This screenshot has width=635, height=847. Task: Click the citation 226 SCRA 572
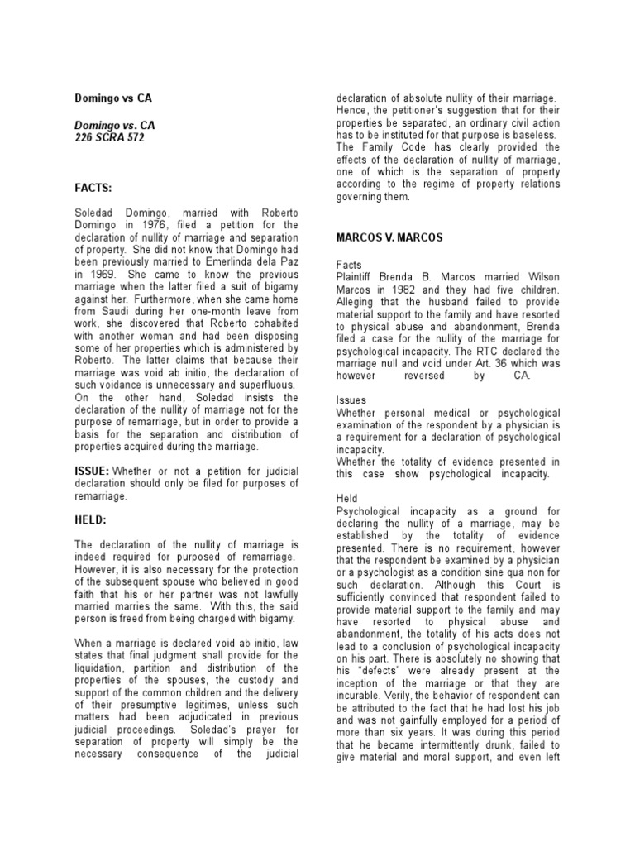[109, 138]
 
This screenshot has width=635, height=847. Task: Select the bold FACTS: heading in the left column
[96, 189]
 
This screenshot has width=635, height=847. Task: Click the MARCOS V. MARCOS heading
[389, 237]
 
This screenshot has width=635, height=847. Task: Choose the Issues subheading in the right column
[351, 400]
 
